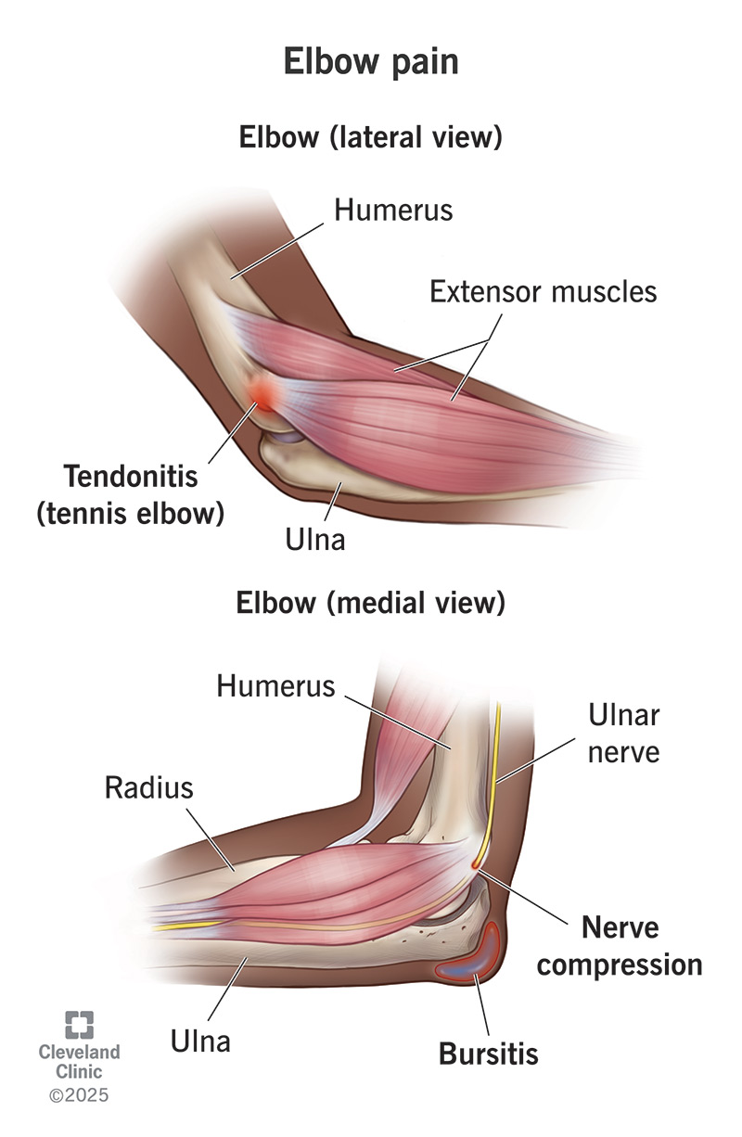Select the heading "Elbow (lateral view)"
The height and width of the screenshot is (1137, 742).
(370, 138)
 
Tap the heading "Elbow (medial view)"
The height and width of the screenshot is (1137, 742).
(370, 603)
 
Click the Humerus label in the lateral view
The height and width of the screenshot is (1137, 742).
(393, 210)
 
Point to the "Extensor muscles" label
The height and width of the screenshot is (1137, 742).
(543, 291)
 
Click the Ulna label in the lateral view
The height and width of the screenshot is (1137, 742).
(316, 539)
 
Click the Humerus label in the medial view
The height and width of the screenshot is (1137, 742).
(275, 686)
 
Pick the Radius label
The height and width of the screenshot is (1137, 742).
(148, 788)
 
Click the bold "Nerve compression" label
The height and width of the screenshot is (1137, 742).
(620, 945)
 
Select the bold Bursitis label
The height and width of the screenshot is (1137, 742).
(489, 1054)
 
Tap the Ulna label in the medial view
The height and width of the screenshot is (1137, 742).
(200, 1041)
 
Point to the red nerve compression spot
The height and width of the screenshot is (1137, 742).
(478, 863)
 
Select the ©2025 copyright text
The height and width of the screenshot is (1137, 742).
(79, 1095)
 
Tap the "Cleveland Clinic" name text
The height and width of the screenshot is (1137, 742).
(79, 1061)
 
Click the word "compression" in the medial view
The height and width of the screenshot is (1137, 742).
(620, 964)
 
